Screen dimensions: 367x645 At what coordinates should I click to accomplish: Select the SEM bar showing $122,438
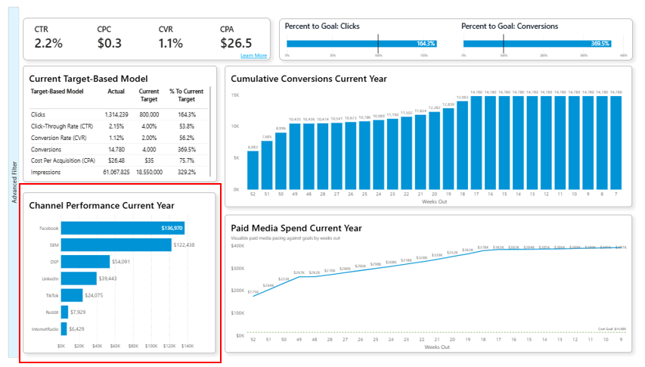(116, 245)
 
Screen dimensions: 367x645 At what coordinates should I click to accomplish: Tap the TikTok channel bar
(72, 295)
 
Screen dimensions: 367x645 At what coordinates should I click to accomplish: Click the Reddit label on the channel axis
(50, 312)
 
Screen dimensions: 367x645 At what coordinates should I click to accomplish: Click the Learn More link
(253, 55)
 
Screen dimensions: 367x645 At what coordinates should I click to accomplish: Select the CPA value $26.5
(235, 43)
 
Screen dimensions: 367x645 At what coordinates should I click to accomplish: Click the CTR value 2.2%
(48, 43)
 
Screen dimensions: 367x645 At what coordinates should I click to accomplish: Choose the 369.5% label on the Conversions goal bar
(599, 43)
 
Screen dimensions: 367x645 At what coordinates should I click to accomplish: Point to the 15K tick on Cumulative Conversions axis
(236, 95)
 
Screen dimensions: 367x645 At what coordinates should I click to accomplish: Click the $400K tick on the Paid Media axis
(237, 246)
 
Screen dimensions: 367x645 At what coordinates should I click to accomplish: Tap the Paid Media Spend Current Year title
(296, 228)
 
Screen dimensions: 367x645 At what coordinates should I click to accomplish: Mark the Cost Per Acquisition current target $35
(149, 160)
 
